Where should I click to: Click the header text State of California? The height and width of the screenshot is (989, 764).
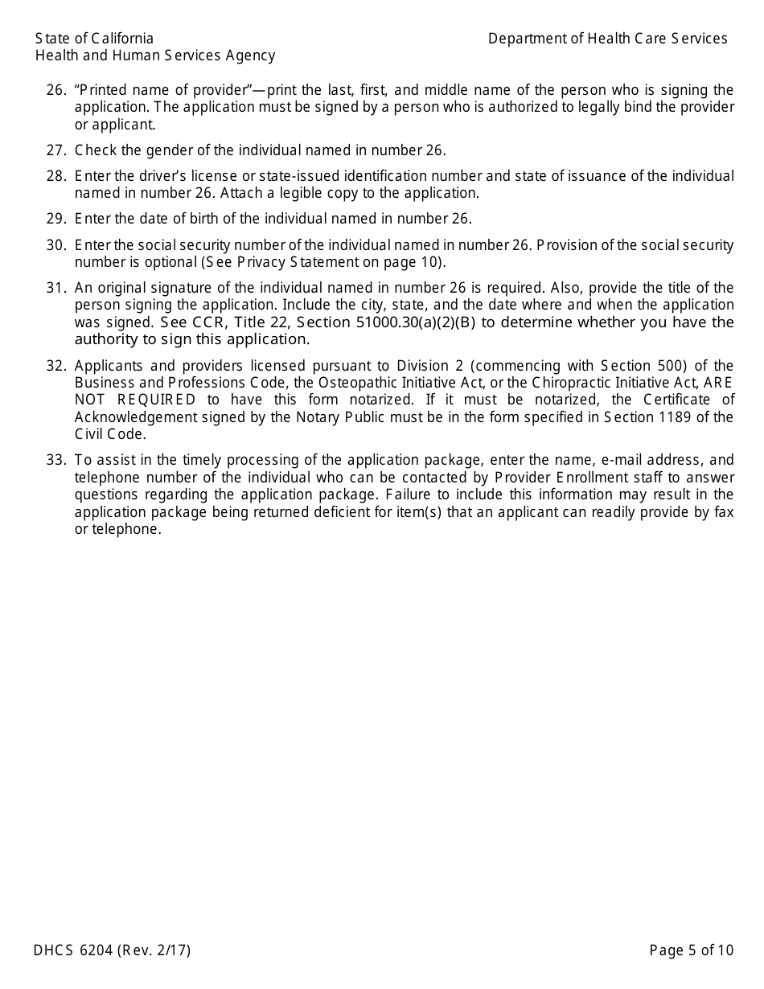tap(94, 39)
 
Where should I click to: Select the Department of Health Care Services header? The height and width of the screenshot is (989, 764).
tap(607, 39)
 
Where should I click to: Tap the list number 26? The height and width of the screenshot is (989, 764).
tap(55, 90)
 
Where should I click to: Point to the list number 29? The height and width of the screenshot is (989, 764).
tap(55, 219)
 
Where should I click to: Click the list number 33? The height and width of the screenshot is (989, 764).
tap(55, 460)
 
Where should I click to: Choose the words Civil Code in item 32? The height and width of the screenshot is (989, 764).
tap(110, 434)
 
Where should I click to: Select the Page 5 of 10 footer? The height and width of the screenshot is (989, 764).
tap(691, 950)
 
